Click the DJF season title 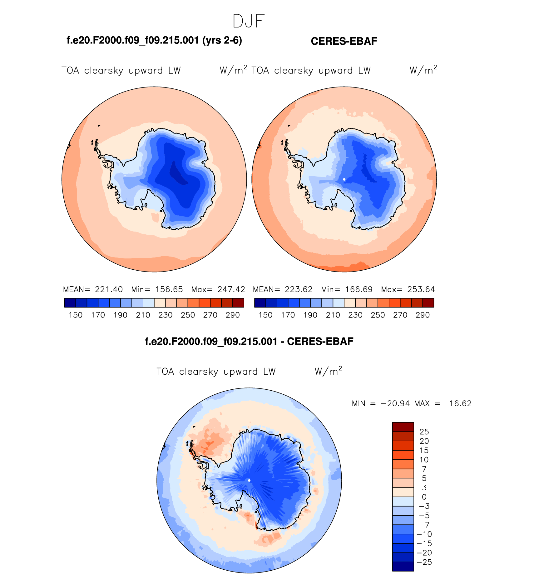click(x=249, y=21)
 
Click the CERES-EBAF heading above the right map click(x=344, y=41)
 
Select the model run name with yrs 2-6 click(x=154, y=40)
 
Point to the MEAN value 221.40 click(x=109, y=289)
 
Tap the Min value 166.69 click(x=359, y=289)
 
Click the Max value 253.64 click(x=421, y=289)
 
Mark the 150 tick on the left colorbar click(x=76, y=315)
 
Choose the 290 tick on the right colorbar click(x=423, y=315)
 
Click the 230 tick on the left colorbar click(x=166, y=315)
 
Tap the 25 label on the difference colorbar click(x=424, y=432)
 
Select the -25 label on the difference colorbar click(x=424, y=562)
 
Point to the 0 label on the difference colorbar click(x=424, y=497)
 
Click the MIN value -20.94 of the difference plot click(x=395, y=404)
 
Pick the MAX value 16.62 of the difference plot click(x=460, y=404)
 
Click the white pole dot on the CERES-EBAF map click(x=344, y=179)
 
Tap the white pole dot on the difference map click(x=249, y=480)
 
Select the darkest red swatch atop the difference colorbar click(x=403, y=427)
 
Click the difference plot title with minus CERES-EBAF click(x=249, y=342)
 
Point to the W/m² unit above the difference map click(x=328, y=371)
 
